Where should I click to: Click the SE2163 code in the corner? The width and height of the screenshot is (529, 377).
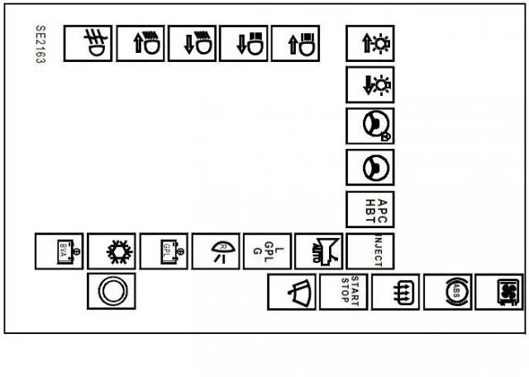[x=40, y=45]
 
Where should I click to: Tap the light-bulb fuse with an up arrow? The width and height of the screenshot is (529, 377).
[x=369, y=44]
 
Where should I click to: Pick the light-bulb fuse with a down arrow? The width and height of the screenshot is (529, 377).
[x=369, y=84]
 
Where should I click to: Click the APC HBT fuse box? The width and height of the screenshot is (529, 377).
[x=369, y=210]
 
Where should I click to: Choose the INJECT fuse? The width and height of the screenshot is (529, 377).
[x=369, y=251]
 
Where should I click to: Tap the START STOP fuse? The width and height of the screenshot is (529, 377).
[x=344, y=292]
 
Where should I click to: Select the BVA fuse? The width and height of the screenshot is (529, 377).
[x=59, y=251]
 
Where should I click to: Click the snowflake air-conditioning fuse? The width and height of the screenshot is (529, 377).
[x=111, y=251]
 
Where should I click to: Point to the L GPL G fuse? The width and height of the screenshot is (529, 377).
[x=266, y=251]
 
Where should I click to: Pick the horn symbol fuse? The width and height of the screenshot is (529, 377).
[x=318, y=251]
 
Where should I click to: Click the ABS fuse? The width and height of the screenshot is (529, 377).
[x=447, y=292]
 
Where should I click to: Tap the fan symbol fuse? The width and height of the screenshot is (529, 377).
[x=498, y=292]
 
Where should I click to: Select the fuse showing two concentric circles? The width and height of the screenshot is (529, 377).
[x=111, y=292]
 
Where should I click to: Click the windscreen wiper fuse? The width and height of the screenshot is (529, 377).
[x=292, y=292]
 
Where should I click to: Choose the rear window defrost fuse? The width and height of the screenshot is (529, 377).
[x=395, y=292]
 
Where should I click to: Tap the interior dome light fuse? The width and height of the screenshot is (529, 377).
[x=215, y=251]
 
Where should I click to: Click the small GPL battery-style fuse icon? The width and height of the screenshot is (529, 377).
[x=163, y=251]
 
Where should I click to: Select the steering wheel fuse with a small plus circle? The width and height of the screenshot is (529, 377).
[x=369, y=126]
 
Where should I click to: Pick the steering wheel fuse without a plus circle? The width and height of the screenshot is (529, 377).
[x=369, y=168]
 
